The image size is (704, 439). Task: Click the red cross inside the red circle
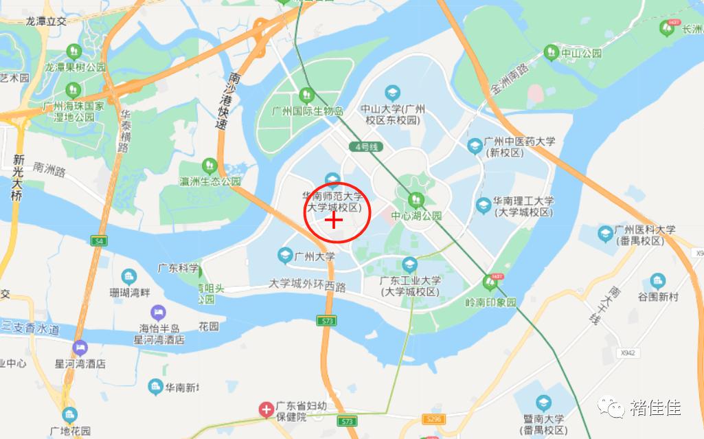point(333,220)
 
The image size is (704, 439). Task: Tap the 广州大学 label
point(315,256)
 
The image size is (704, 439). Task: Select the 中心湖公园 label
point(416,216)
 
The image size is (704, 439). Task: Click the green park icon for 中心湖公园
point(415,200)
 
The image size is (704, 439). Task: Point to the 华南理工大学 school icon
point(484,205)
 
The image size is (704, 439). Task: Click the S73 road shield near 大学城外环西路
point(326,321)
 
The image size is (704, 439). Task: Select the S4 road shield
point(100,241)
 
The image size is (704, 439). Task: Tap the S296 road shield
point(433,418)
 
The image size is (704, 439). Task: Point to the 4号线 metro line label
point(364,147)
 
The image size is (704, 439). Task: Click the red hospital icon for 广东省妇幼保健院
point(266,410)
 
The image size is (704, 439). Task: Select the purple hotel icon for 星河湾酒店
point(80,348)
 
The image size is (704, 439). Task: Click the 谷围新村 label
point(657,297)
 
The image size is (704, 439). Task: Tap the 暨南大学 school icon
point(543,403)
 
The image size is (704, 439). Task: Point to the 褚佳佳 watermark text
point(655,408)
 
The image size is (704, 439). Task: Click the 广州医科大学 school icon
point(605,234)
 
